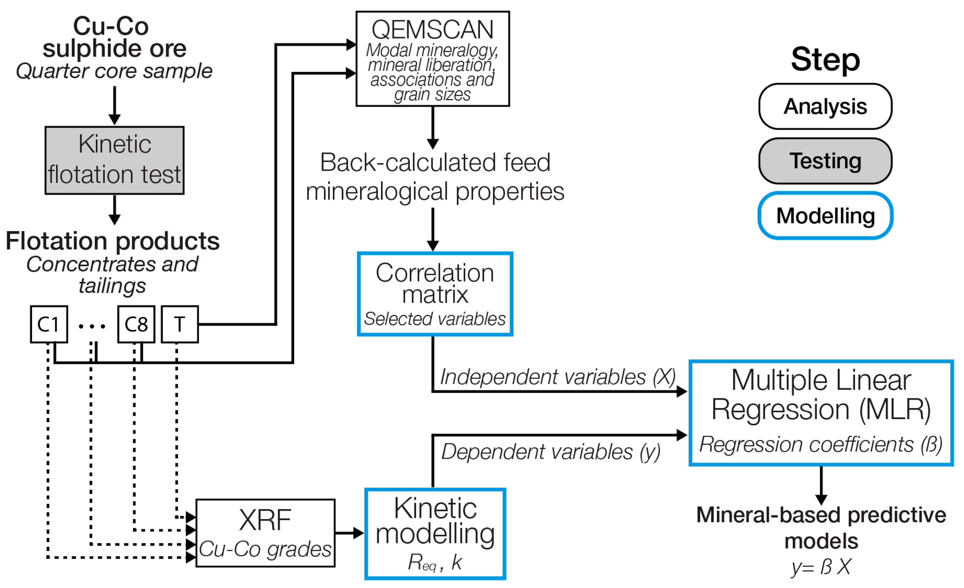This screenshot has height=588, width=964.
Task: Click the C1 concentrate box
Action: tap(49, 325)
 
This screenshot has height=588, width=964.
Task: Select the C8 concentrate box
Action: tap(136, 325)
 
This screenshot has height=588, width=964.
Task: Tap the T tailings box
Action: tap(179, 325)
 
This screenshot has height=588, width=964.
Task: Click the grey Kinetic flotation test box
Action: tap(114, 160)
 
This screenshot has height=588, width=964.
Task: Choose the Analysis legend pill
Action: tap(825, 107)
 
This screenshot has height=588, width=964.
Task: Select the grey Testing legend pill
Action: tap(825, 161)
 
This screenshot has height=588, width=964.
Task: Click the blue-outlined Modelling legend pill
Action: tap(825, 216)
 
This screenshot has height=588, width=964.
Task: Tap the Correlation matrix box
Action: tap(435, 294)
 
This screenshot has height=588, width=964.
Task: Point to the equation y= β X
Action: tap(821, 567)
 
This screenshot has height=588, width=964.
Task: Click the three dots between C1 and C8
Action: tap(92, 326)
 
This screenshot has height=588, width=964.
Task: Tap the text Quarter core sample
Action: tap(114, 71)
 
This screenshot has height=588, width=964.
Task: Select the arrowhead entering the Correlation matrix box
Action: tap(433, 246)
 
